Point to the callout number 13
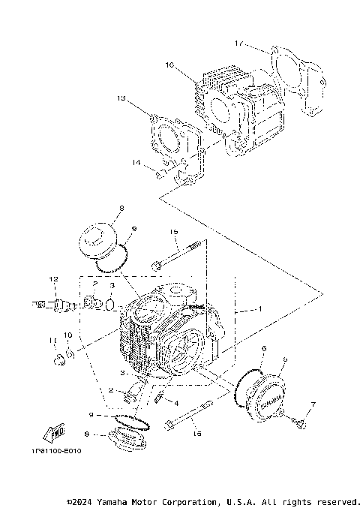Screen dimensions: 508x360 (121, 98)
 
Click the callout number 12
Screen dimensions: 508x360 (54, 278)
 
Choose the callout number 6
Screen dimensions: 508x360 (263, 348)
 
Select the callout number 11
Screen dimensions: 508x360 (52, 340)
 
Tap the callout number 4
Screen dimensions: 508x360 (175, 403)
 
